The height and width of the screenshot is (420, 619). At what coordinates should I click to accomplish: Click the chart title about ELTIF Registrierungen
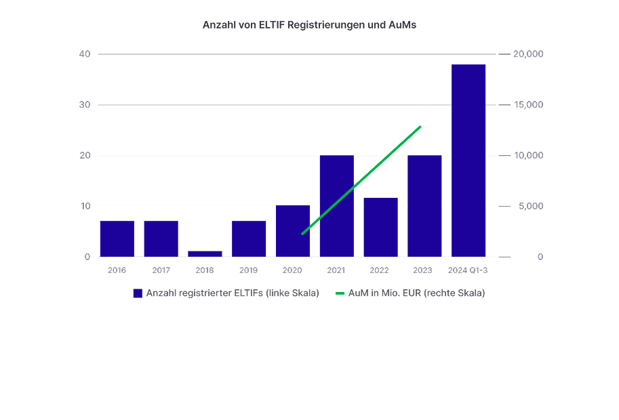tap(309, 25)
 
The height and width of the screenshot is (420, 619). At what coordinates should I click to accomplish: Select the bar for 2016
tap(117, 238)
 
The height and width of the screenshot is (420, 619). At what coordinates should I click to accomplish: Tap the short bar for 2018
tap(205, 253)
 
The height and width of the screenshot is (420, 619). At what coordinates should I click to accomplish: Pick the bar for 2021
tap(337, 206)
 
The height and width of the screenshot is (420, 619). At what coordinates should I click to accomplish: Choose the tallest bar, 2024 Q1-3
tap(468, 161)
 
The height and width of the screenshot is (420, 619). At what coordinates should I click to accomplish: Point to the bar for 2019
tap(249, 238)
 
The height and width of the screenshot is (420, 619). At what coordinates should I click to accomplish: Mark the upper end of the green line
tap(420, 127)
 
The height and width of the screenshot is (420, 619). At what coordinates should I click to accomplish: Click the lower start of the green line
tap(302, 234)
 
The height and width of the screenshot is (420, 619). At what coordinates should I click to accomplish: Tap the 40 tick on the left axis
tap(85, 54)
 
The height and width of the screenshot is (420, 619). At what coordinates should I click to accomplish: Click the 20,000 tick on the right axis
tap(529, 54)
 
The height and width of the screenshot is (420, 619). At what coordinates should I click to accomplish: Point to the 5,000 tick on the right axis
tap(531, 206)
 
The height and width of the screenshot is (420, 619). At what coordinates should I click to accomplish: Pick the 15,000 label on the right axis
tap(529, 105)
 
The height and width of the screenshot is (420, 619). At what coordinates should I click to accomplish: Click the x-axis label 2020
tap(292, 270)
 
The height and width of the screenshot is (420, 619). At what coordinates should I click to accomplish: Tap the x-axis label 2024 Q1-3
tap(468, 270)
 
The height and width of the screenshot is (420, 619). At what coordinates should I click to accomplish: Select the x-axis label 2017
tap(161, 270)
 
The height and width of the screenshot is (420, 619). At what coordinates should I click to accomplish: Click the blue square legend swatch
tap(138, 293)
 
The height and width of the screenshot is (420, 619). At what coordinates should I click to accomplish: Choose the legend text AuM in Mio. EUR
tap(416, 293)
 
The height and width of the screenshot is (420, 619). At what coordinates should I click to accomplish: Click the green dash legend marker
tap(340, 293)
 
